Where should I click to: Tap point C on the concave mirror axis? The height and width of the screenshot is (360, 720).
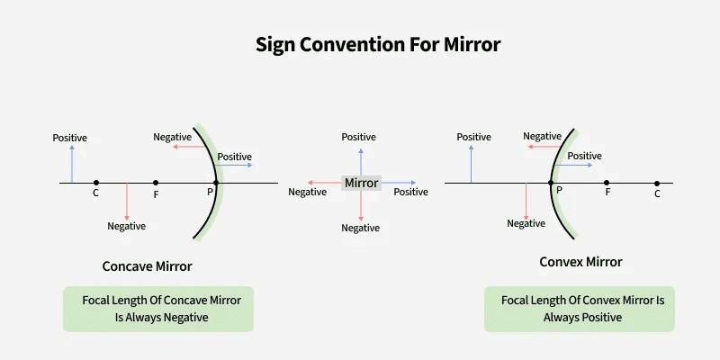click(96, 183)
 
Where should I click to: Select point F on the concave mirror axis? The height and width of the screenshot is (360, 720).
click(156, 183)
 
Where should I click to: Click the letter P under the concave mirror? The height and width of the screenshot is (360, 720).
click(211, 192)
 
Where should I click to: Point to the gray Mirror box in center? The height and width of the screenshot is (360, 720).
click(361, 183)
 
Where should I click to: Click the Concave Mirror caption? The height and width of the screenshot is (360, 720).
click(147, 266)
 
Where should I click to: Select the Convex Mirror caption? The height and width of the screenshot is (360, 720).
click(580, 262)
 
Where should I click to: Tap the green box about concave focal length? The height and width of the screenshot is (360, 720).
click(158, 309)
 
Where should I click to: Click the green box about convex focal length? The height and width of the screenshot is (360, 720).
click(580, 309)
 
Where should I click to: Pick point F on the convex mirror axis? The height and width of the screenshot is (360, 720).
click(607, 183)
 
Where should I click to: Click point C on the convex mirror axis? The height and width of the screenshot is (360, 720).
click(657, 183)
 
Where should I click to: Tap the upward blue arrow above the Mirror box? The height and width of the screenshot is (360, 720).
click(361, 159)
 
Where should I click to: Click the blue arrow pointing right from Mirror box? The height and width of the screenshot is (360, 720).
click(399, 183)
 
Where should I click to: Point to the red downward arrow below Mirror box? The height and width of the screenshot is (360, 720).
click(361, 205)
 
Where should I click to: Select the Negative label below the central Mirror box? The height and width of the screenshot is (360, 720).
click(360, 229)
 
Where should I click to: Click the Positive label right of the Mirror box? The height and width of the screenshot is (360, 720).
click(410, 192)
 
